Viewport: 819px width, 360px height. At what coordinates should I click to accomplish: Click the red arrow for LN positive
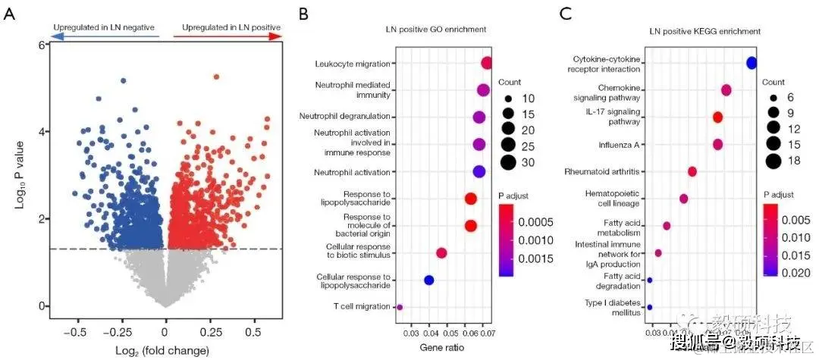coord(227,36)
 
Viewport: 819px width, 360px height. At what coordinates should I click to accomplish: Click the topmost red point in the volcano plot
coord(216,77)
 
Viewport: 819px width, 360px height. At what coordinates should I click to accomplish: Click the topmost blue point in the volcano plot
coord(124,80)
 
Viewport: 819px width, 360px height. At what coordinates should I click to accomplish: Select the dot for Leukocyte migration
coord(487,64)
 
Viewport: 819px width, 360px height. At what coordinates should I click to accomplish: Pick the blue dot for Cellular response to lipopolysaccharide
coord(428,280)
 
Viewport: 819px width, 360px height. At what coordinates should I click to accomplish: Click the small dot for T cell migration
coord(400,307)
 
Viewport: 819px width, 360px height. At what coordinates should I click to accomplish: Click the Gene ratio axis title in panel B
coord(442,348)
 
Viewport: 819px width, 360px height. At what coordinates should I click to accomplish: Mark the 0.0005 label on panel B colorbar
coord(535,221)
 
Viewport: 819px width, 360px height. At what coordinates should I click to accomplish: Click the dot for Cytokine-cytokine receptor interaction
coord(752,63)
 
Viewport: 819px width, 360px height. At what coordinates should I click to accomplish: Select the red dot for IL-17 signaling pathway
coord(717,117)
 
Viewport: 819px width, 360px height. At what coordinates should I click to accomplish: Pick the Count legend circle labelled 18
coord(773,160)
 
